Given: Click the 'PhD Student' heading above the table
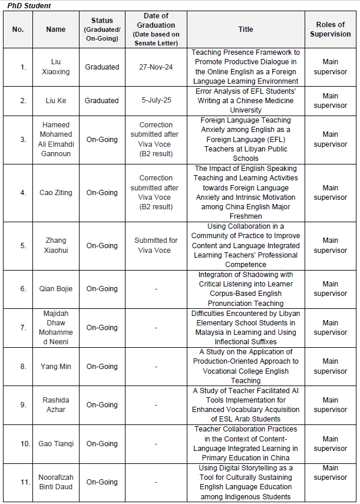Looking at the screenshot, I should [29, 6].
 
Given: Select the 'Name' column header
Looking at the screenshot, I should [56, 29].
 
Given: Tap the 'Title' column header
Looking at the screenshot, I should [245, 29].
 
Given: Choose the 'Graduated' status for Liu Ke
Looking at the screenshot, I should [101, 101].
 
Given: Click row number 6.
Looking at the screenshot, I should [23, 289].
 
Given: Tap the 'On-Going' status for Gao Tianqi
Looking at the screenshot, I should [101, 444].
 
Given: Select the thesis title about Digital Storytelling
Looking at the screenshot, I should [245, 482].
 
